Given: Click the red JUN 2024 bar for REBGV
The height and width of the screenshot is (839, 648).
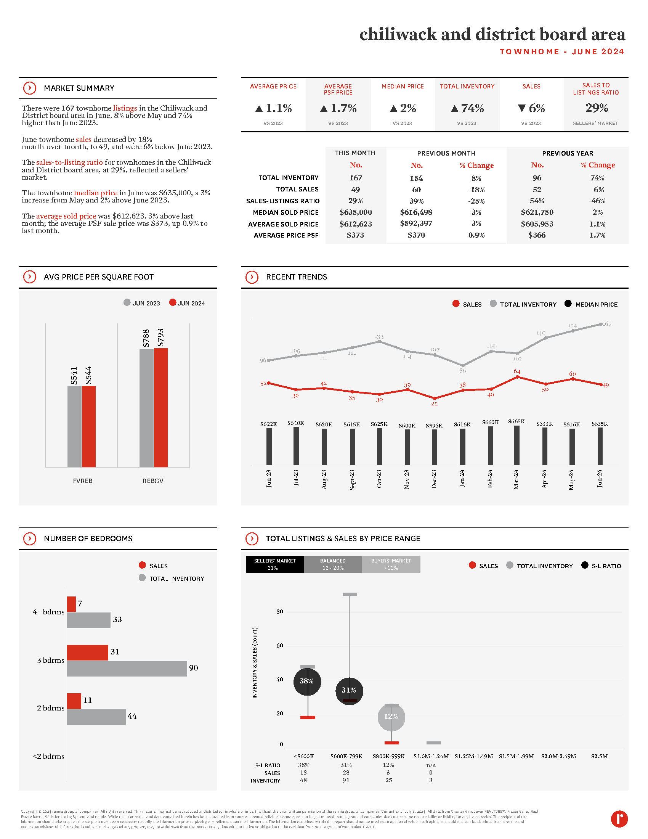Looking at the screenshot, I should (160, 407).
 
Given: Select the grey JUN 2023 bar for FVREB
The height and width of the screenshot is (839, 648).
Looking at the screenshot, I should (74, 426).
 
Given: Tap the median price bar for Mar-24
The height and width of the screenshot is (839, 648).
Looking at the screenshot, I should (517, 445).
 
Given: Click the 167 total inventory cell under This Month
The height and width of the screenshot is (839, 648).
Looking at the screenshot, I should (356, 178).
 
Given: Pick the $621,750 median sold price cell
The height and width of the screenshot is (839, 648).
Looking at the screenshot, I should (537, 212).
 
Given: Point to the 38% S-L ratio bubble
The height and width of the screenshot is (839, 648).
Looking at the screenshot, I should (307, 681).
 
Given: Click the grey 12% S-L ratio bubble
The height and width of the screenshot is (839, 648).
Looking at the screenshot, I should (391, 717).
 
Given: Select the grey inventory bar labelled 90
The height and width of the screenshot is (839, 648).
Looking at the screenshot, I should (127, 669).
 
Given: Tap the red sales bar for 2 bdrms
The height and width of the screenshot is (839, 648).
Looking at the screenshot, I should (74, 701).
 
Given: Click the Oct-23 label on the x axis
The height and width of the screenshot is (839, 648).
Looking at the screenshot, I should (379, 479).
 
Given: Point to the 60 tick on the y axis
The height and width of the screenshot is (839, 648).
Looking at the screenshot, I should (280, 645).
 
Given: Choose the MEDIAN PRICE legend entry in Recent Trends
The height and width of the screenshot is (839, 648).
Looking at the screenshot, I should (596, 304).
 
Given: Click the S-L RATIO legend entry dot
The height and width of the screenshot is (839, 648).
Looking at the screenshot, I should (585, 565).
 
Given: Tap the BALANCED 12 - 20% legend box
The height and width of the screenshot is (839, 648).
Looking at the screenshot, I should (333, 564).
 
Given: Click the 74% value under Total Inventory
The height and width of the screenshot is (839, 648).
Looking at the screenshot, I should (467, 108).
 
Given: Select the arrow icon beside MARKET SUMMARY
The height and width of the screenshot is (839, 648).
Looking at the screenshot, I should (30, 88).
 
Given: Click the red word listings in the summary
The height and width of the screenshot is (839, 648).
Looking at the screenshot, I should (125, 108).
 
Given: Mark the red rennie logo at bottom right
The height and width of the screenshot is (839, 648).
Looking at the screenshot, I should (619, 819).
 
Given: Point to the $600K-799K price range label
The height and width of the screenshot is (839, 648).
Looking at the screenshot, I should (346, 756).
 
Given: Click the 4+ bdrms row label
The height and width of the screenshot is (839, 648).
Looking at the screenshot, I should (48, 612).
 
